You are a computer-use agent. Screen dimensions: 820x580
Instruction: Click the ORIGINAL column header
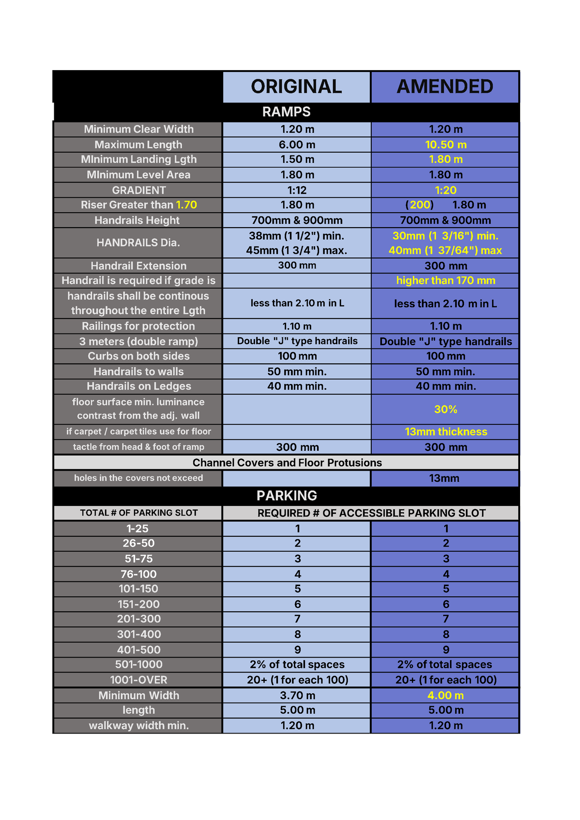click(296, 87)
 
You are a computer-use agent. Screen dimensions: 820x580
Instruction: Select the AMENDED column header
click(445, 87)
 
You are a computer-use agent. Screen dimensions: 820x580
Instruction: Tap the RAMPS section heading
click(286, 112)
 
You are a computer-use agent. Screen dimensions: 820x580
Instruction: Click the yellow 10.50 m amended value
click(446, 144)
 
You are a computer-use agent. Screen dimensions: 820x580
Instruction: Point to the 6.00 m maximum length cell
click(297, 144)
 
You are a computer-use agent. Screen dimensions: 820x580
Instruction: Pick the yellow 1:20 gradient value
click(446, 190)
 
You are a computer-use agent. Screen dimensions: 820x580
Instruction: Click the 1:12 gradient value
click(297, 190)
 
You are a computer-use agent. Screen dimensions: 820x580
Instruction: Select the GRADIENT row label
click(139, 190)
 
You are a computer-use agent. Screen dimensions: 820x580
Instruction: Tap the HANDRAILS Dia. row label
click(138, 243)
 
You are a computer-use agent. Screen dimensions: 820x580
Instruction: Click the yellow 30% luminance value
click(446, 409)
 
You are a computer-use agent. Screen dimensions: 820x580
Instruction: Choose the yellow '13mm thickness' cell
click(446, 432)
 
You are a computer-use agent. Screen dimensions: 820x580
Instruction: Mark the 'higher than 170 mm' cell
click(446, 280)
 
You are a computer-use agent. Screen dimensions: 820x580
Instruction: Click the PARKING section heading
click(287, 496)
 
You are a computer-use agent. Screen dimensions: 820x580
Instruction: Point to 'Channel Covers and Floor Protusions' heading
click(287, 462)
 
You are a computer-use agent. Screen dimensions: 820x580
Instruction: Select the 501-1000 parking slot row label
click(139, 664)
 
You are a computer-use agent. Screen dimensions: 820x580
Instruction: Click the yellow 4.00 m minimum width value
click(446, 695)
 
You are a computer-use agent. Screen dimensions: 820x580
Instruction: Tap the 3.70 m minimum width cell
click(297, 695)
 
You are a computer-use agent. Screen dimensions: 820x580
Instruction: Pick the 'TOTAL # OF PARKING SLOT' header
click(139, 513)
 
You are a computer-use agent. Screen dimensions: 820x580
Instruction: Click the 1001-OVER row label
click(139, 680)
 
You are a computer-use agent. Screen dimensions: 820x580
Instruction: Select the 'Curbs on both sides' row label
click(139, 356)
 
